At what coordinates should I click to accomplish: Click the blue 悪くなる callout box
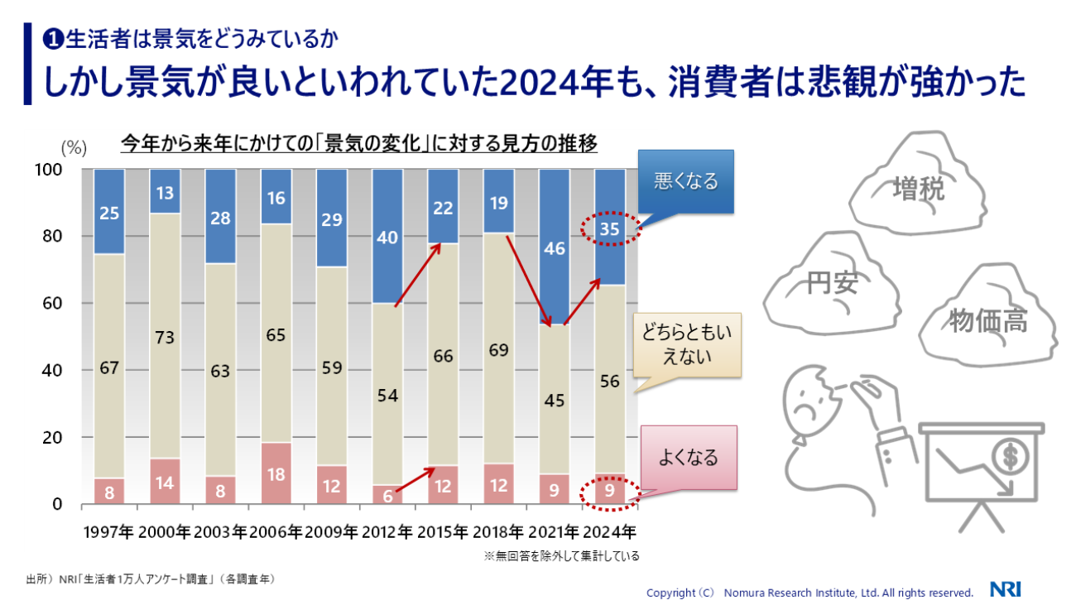coord(685,181)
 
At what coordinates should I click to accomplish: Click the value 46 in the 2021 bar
coord(554,247)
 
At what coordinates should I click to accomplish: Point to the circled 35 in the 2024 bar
coord(610,229)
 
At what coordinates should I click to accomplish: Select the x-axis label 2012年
coord(387,531)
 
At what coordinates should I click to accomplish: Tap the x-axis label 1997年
coord(109,531)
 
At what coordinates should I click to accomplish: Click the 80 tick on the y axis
coord(51,236)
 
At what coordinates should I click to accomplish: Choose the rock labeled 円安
coord(832,286)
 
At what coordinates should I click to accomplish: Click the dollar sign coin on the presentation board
coord(1009,454)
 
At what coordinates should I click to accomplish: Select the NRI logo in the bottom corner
coord(1006,590)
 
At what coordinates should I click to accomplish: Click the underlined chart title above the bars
coord(358,144)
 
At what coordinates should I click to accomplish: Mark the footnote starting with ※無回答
coord(561,555)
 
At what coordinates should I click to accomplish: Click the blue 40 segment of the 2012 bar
coord(387,238)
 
